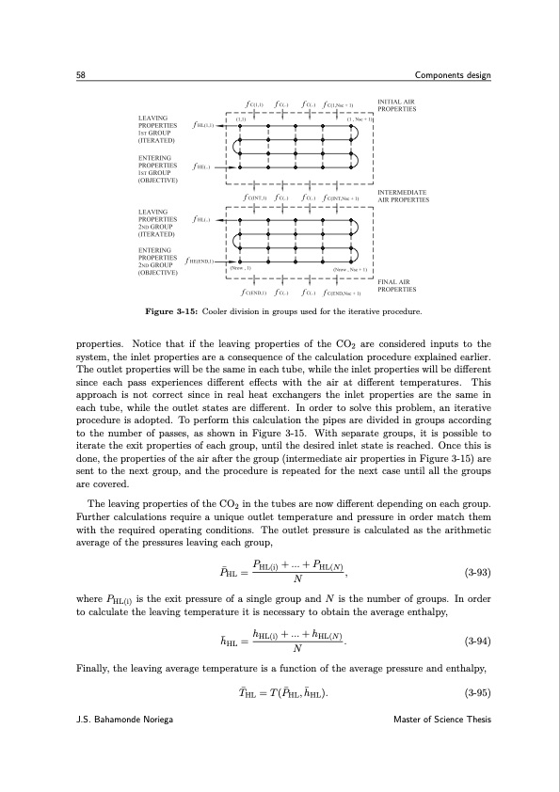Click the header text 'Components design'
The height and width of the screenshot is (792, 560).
click(453, 74)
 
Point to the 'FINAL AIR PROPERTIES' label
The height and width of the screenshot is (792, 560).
click(396, 286)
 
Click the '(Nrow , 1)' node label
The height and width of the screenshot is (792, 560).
click(241, 269)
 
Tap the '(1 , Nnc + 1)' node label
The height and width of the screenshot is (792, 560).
click(360, 119)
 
